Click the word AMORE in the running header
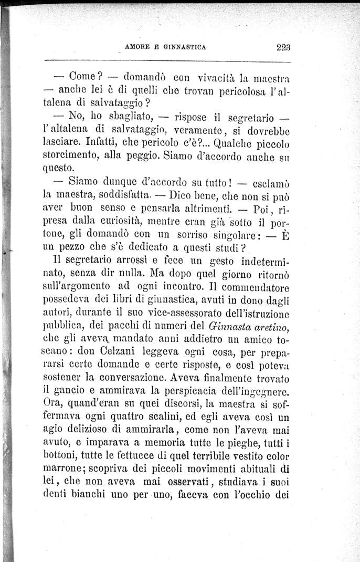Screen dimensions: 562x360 tap(137, 47)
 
